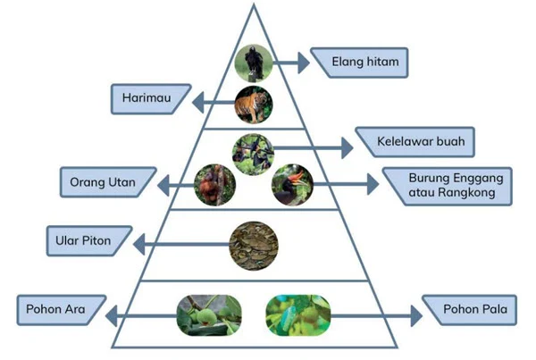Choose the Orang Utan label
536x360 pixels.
[104, 184]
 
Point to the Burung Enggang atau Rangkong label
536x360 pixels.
[445, 185]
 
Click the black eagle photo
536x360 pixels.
[254, 63]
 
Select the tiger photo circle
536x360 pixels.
[254, 105]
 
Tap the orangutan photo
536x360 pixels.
[215, 184]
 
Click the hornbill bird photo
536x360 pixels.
[292, 185]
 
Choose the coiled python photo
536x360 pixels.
[254, 243]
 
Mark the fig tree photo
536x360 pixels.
[209, 315]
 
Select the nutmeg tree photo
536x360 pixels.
[297, 315]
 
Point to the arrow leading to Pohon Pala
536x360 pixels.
[375, 315]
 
